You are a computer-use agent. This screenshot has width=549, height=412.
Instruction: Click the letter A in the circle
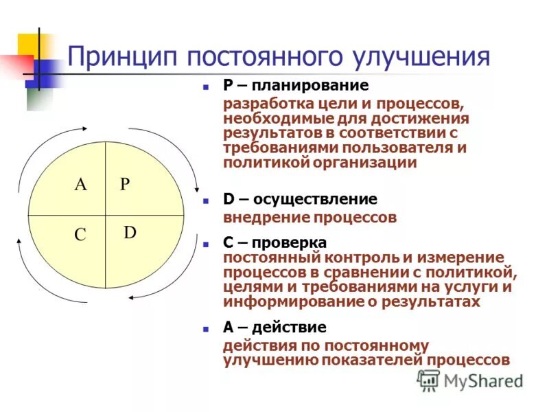[x=82, y=184]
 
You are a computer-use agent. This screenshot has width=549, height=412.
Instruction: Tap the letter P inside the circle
[x=124, y=184]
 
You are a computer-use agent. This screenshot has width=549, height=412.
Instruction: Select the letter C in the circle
[x=80, y=235]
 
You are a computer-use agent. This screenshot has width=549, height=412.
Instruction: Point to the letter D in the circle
[x=130, y=232]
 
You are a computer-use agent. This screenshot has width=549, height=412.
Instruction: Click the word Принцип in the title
[x=119, y=56]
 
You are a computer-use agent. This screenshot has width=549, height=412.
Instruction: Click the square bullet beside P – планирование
[x=205, y=88]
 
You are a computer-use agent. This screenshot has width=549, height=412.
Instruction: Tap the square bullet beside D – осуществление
[x=205, y=202]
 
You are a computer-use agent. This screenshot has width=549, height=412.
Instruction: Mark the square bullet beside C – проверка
[x=205, y=244]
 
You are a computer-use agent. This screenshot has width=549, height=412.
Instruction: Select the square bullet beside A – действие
[x=205, y=329]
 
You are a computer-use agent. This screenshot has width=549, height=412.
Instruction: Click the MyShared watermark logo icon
[x=428, y=380]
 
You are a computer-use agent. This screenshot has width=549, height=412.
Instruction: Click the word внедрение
[x=265, y=218]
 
